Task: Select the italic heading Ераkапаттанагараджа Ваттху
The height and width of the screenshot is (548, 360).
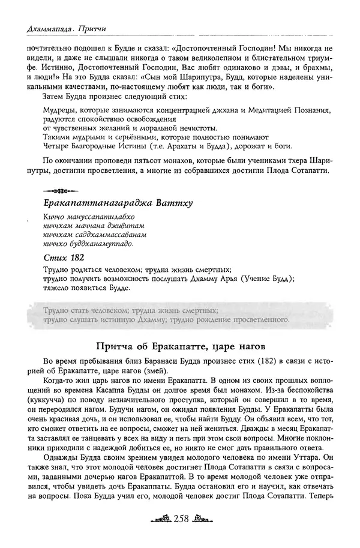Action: (x=118, y=203)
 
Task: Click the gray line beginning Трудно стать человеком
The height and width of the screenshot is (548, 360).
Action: (x=130, y=311)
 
